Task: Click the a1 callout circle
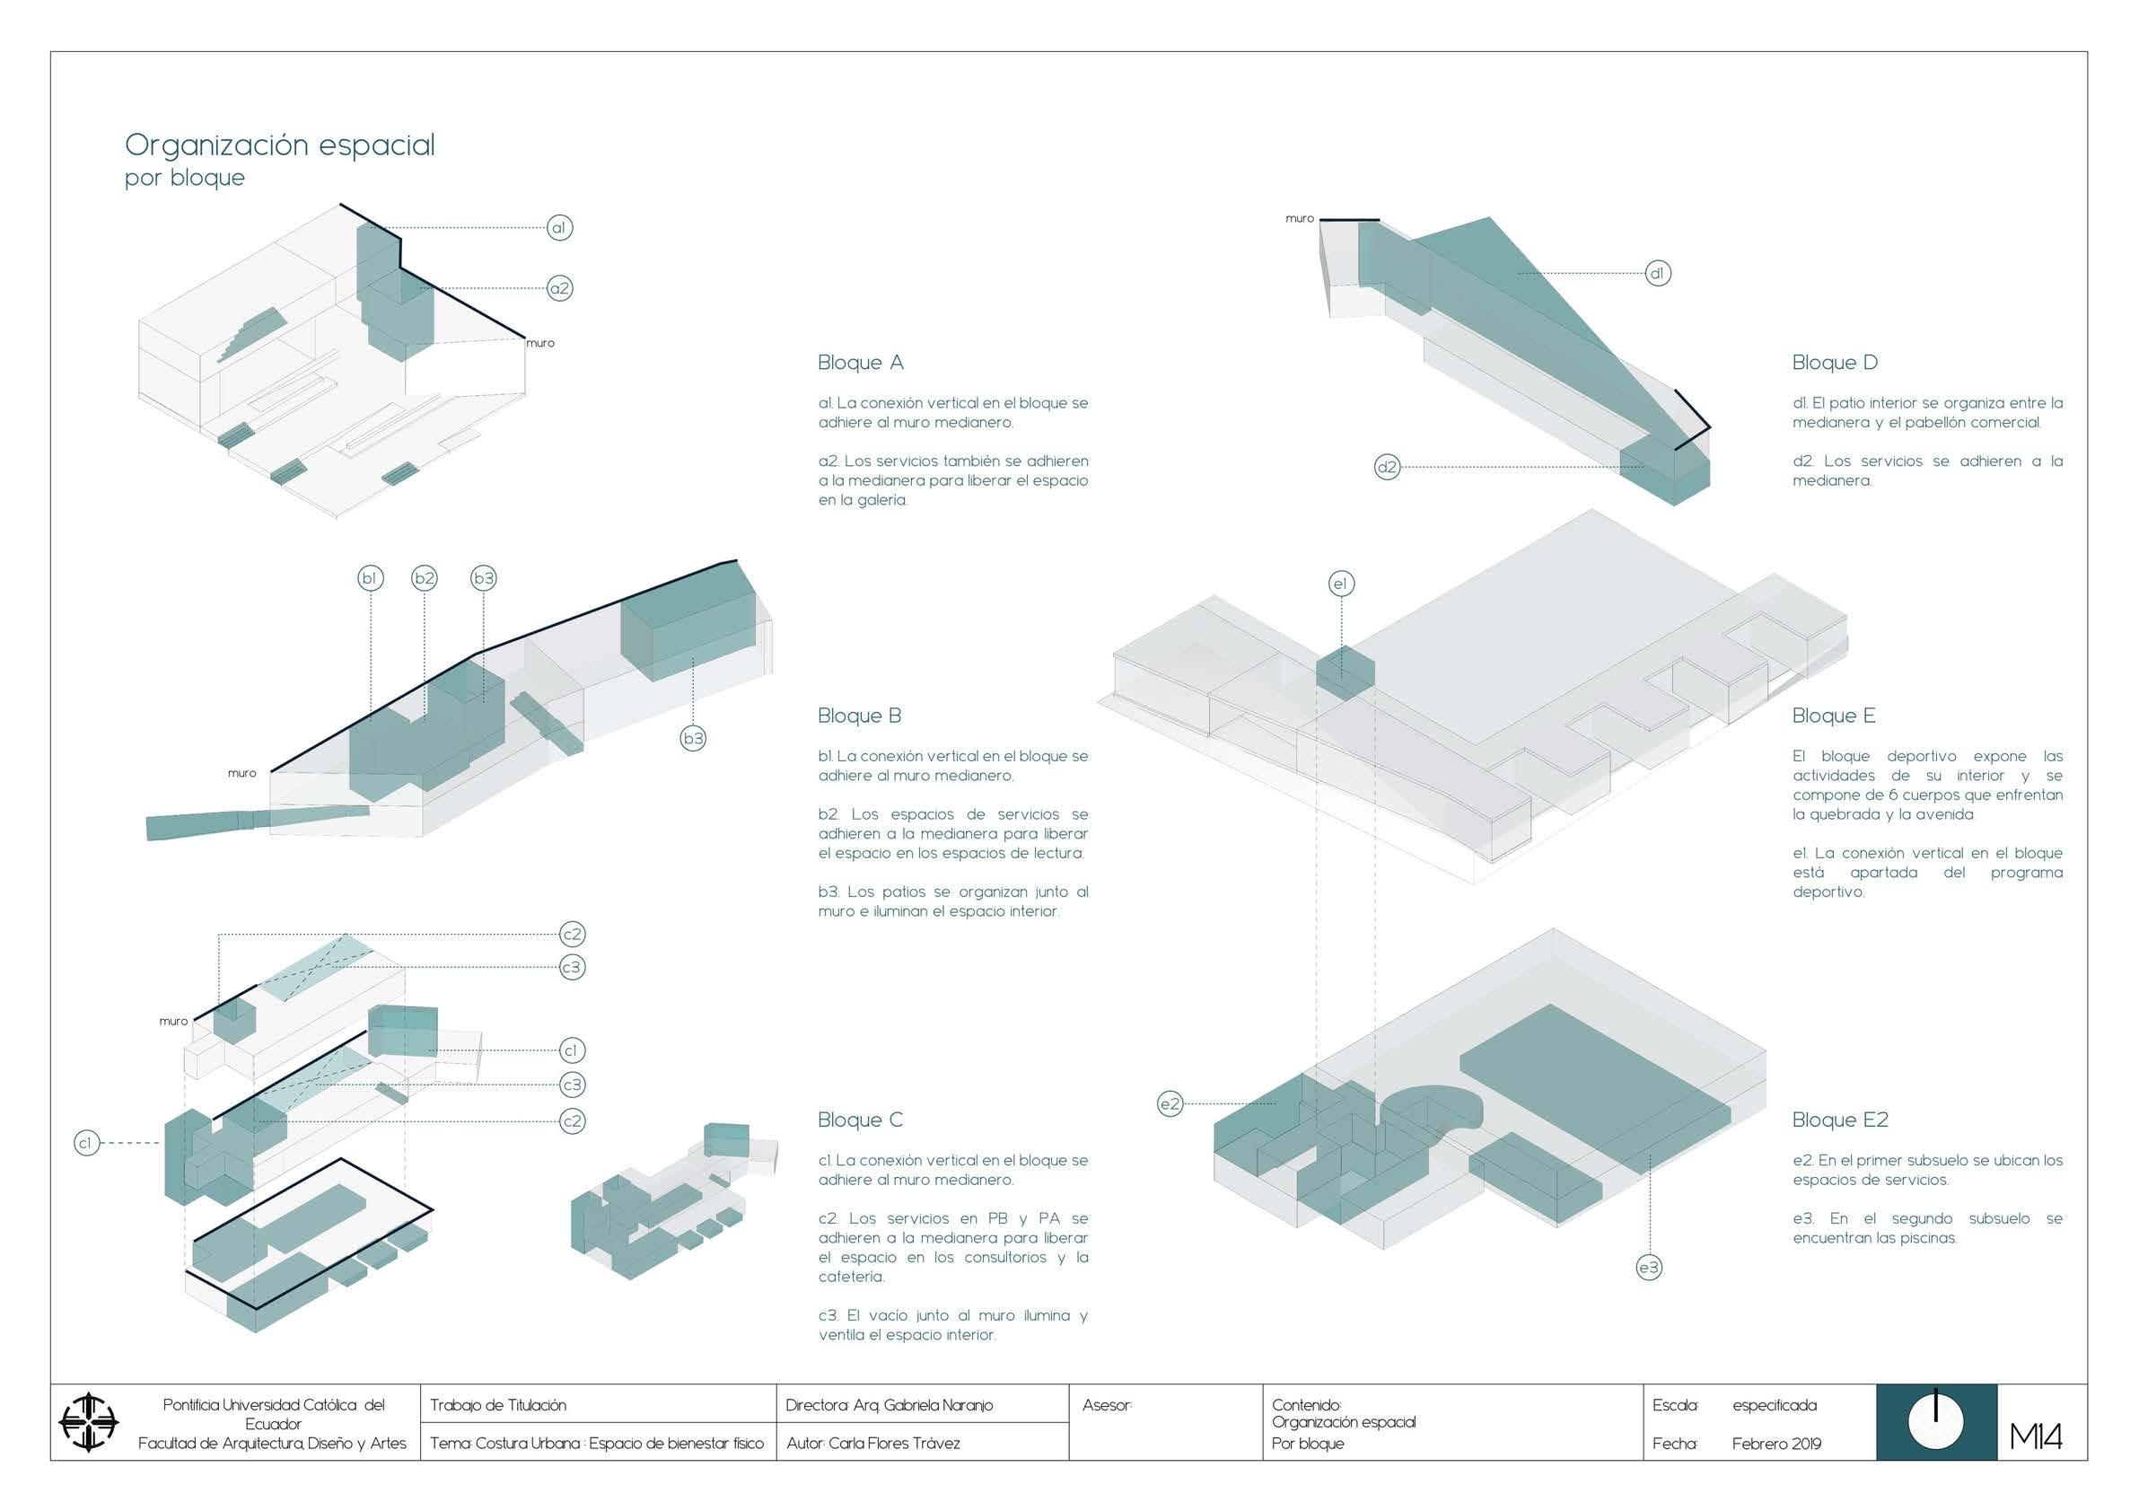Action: (x=559, y=227)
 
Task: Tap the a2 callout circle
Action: (x=559, y=288)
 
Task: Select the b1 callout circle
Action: (x=370, y=578)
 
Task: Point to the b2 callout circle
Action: (x=425, y=578)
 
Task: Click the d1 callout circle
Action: (x=1657, y=273)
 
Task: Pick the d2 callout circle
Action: (x=1387, y=467)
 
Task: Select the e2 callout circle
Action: (x=1170, y=1104)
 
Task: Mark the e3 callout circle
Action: (x=1649, y=1267)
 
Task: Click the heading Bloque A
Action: (x=861, y=363)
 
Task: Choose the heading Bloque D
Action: (x=1835, y=363)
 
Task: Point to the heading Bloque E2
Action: (x=1840, y=1120)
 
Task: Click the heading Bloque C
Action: (x=861, y=1120)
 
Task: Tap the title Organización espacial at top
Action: (x=279, y=145)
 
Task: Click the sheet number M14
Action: (x=2036, y=1437)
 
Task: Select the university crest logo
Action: (x=89, y=1422)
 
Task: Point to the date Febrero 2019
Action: (x=1776, y=1444)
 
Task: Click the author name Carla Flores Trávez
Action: (x=893, y=1443)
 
